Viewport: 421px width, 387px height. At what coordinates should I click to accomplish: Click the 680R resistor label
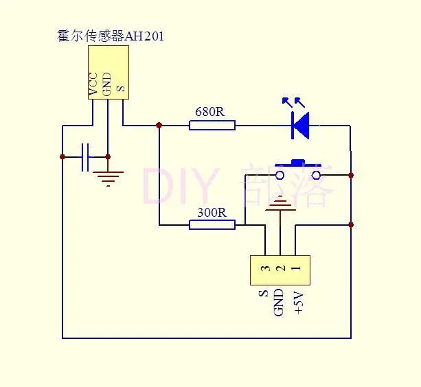point(209,112)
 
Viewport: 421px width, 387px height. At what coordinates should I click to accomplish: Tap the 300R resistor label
point(212,213)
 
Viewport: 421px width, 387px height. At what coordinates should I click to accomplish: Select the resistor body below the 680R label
point(212,126)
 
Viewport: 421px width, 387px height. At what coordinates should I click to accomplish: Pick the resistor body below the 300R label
point(212,225)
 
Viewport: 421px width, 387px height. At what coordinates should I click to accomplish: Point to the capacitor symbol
point(85,157)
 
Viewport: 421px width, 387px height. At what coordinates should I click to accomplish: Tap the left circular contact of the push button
point(280,176)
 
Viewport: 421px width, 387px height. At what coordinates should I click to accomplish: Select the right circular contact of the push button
point(317,176)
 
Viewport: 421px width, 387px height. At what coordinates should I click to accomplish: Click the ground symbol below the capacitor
point(108,178)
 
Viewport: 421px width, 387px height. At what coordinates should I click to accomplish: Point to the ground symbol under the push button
point(280,203)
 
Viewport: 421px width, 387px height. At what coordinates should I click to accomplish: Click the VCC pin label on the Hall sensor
point(93,84)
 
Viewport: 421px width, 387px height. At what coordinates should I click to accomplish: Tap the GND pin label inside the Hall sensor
point(107,84)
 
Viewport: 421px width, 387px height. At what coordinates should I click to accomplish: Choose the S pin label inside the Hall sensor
point(121,89)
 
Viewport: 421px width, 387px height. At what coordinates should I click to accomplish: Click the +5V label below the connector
point(299,302)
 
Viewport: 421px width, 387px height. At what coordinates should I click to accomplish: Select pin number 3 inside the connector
point(265,268)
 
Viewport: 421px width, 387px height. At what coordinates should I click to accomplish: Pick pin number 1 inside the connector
point(295,268)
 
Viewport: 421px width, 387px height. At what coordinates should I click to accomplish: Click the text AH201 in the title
point(144,36)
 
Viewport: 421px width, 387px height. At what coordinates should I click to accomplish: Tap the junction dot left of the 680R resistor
point(159,125)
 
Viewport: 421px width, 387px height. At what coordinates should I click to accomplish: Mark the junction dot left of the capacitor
point(62,157)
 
